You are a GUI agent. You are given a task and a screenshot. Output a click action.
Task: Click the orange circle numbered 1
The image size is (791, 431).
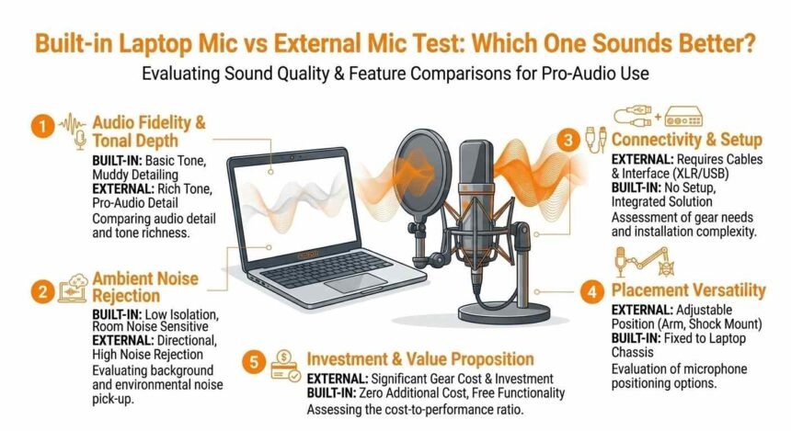coord(39,127)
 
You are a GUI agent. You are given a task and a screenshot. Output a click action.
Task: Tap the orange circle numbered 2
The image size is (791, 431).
coord(40,292)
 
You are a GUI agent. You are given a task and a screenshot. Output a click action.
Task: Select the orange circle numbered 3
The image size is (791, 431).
coord(569,141)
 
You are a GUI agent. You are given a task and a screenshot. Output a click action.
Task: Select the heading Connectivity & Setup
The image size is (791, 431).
coord(686,141)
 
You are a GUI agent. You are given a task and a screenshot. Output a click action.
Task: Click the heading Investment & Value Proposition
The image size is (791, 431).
coord(419,358)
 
